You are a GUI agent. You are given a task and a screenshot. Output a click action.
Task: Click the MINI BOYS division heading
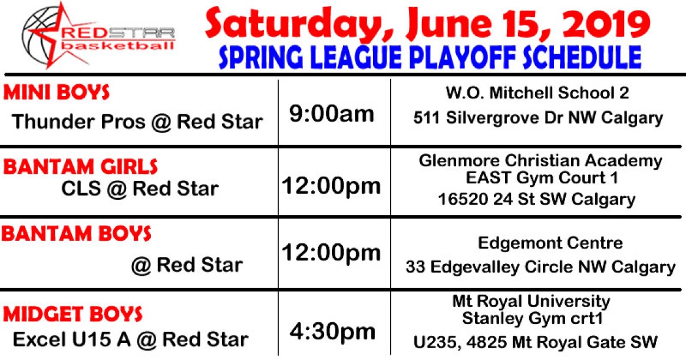[57, 93]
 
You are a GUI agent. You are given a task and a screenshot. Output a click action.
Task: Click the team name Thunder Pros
[78, 121]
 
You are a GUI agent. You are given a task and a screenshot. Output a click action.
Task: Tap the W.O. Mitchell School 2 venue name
[537, 93]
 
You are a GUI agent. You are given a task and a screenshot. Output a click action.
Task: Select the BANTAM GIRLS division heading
[81, 167]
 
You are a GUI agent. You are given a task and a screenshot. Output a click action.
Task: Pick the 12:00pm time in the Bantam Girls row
[331, 186]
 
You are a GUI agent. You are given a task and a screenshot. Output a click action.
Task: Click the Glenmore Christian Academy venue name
[540, 160]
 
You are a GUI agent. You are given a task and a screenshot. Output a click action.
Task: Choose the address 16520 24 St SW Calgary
[536, 199]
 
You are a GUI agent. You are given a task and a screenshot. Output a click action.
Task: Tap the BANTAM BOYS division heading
[76, 233]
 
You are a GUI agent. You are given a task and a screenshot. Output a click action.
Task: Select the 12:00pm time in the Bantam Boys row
[331, 252]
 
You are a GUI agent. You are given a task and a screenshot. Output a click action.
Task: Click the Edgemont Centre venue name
[550, 243]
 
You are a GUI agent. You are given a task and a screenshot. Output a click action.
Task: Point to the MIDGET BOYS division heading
[72, 314]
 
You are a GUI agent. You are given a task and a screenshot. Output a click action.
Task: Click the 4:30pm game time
[332, 332]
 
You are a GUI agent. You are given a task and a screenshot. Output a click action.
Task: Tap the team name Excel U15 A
[72, 339]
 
